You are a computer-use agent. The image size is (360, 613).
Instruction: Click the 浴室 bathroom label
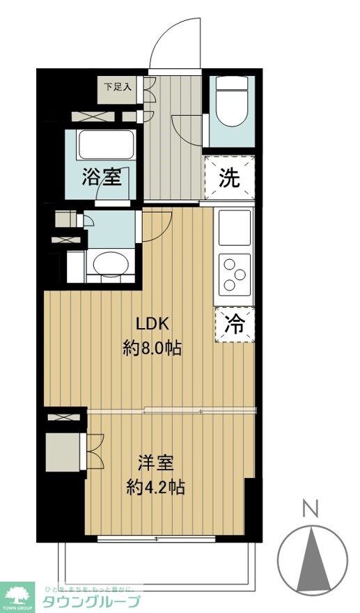coord(102,178)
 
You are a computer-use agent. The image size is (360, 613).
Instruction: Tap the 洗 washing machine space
coord(230,178)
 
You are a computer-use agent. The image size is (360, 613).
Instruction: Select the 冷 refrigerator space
coord(235,325)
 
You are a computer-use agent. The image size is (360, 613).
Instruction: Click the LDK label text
coord(152,325)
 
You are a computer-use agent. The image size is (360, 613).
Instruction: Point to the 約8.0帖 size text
coord(152,348)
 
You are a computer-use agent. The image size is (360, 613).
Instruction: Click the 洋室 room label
coord(155,463)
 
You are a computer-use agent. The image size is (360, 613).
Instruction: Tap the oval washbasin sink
coord(110,265)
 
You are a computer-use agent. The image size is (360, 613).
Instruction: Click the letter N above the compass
coord(312,509)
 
